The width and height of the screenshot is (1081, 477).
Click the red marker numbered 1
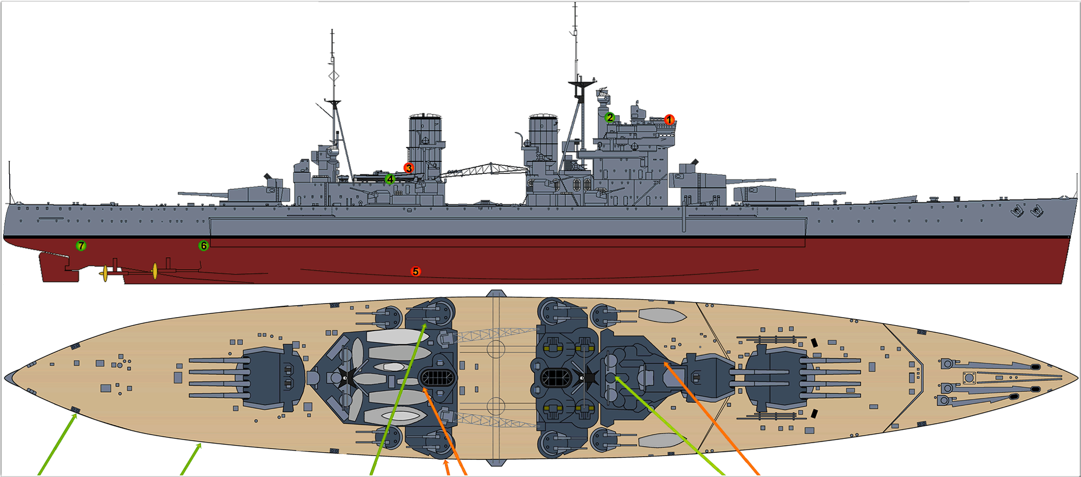click(669, 119)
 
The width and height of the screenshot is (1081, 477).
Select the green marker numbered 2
click(610, 117)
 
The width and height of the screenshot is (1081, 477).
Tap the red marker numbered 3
click(409, 168)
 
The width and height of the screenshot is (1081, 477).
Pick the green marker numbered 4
click(390, 179)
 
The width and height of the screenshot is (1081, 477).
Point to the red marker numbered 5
click(416, 271)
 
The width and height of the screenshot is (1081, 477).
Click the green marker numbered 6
click(203, 246)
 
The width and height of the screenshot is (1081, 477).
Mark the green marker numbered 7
click(81, 246)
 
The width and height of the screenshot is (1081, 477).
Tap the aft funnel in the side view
click(425, 143)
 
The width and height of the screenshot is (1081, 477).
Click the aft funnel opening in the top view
click(437, 378)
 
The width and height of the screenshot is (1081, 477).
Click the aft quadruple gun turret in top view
click(270, 378)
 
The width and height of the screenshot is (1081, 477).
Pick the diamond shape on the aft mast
click(334, 76)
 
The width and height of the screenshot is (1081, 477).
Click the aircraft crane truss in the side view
click(486, 169)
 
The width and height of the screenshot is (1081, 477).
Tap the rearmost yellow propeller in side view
click(105, 274)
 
